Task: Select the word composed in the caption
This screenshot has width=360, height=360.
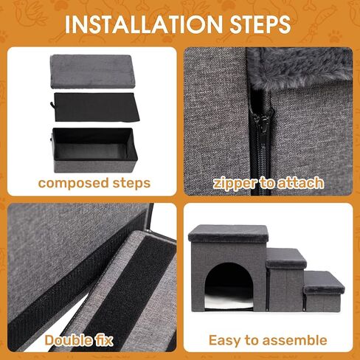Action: [x=72, y=182]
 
